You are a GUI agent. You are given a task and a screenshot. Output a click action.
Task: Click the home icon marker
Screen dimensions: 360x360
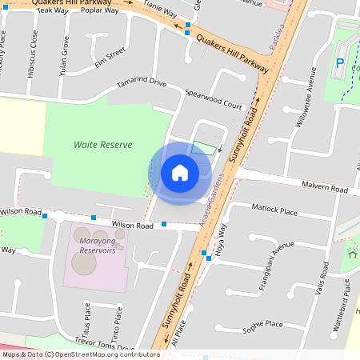180,172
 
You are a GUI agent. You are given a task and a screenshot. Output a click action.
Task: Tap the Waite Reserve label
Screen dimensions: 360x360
102,145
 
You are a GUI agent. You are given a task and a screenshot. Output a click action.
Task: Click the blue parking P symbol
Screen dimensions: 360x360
340,63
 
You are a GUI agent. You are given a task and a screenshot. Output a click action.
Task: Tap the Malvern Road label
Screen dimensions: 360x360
325,188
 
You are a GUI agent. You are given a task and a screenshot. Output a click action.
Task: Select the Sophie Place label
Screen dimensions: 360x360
263,325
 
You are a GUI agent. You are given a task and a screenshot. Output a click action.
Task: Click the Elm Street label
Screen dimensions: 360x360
110,54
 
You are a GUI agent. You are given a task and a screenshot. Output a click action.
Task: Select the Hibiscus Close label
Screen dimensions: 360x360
34,50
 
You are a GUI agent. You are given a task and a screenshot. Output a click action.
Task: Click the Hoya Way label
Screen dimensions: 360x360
223,237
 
